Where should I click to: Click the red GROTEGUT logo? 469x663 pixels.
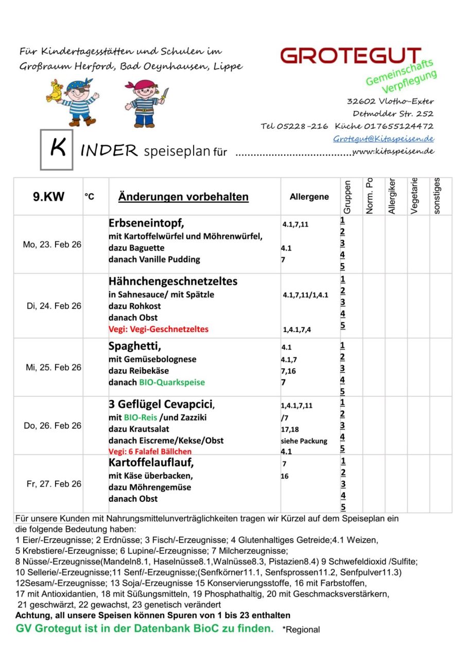pos(351,55)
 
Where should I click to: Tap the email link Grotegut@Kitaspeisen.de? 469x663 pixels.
pos(384,138)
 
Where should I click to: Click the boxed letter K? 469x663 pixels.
pos(57,149)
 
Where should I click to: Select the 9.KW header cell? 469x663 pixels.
pos(48,197)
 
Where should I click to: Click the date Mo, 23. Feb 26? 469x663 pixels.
pos(52,245)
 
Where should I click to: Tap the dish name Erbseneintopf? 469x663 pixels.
pos(146,224)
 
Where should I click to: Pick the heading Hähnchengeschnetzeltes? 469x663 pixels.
pos(173,282)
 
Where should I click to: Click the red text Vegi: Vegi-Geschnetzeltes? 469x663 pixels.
pos(159,329)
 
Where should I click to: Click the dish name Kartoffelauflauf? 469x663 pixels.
pos(151,463)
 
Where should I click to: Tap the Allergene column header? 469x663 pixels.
pos(309,197)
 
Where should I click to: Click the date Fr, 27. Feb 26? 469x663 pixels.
pos(54,484)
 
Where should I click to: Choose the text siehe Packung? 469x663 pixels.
pos(304,441)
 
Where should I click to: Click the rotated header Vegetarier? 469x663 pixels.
pos(414,196)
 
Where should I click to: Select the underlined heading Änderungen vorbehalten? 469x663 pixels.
pos(183,197)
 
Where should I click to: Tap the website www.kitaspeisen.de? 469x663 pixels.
pos(393,151)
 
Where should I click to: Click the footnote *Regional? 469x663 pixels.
pos(301,630)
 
